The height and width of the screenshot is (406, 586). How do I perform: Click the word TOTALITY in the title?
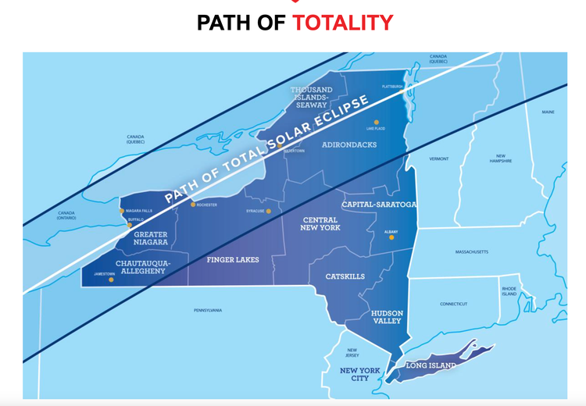point(343,22)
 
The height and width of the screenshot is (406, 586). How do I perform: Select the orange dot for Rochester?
point(193,205)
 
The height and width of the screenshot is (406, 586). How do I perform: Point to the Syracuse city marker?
point(268,211)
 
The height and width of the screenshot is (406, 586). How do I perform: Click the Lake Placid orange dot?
point(376,122)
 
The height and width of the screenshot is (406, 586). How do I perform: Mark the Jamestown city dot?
point(111,280)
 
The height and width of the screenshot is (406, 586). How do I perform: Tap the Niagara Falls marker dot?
point(121,210)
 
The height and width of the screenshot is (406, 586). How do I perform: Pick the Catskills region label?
point(345,276)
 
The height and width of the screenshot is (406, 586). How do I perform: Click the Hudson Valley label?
point(386,315)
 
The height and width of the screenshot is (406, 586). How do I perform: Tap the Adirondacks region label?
point(348,145)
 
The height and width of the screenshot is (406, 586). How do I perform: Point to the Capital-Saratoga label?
point(379,205)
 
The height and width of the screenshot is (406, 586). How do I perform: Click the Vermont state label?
point(439,158)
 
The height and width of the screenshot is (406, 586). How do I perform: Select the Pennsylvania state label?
point(209,310)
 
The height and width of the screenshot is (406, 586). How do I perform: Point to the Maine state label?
point(548,112)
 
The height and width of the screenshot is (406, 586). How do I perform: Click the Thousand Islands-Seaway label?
point(312,97)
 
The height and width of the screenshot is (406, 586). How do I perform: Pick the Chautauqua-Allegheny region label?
point(141,266)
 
